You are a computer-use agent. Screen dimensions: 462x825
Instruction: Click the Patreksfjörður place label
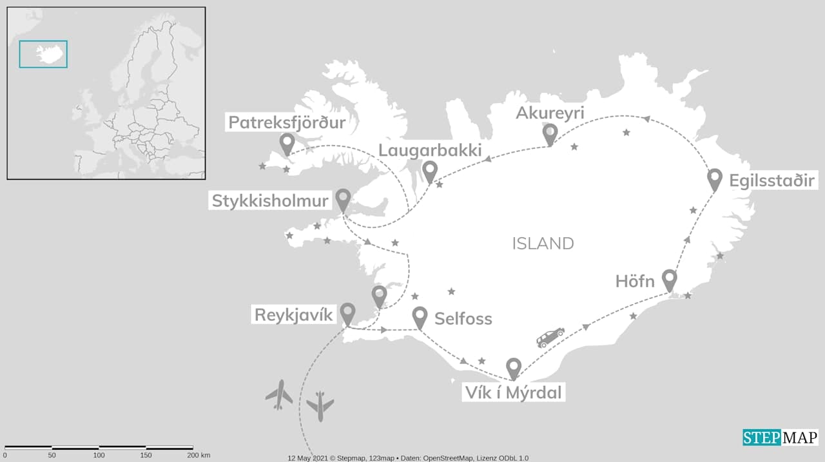pos(286,122)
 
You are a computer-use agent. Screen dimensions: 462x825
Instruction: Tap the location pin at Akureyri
pos(550,133)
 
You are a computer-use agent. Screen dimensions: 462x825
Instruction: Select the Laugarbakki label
pos(430,151)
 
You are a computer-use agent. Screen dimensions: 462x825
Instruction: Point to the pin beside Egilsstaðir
pos(714,178)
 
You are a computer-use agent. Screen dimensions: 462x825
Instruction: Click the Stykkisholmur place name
pos(271,201)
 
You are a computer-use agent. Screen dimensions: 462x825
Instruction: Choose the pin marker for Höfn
pos(670,279)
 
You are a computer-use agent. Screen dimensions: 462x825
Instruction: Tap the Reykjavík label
pos(293,315)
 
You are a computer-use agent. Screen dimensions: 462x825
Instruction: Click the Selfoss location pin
pos(420,316)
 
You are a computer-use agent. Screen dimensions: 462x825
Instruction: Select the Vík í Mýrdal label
pos(513,391)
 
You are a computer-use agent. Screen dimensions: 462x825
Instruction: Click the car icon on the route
pos(550,337)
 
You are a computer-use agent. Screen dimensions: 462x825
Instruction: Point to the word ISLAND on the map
pos(543,244)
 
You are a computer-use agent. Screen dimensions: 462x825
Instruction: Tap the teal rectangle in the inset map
pos(43,54)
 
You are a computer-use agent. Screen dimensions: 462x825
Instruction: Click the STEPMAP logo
pos(780,438)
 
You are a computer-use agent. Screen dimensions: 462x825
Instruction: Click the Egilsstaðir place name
pos(772,180)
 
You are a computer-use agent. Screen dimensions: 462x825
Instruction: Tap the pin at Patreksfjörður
pos(287,142)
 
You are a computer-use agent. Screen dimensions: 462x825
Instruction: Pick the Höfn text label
pos(635,282)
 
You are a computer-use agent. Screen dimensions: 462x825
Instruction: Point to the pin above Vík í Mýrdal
pos(513,367)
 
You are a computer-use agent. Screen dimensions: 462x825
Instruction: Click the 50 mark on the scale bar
pos(52,456)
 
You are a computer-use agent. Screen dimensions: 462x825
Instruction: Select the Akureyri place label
pos(550,113)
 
